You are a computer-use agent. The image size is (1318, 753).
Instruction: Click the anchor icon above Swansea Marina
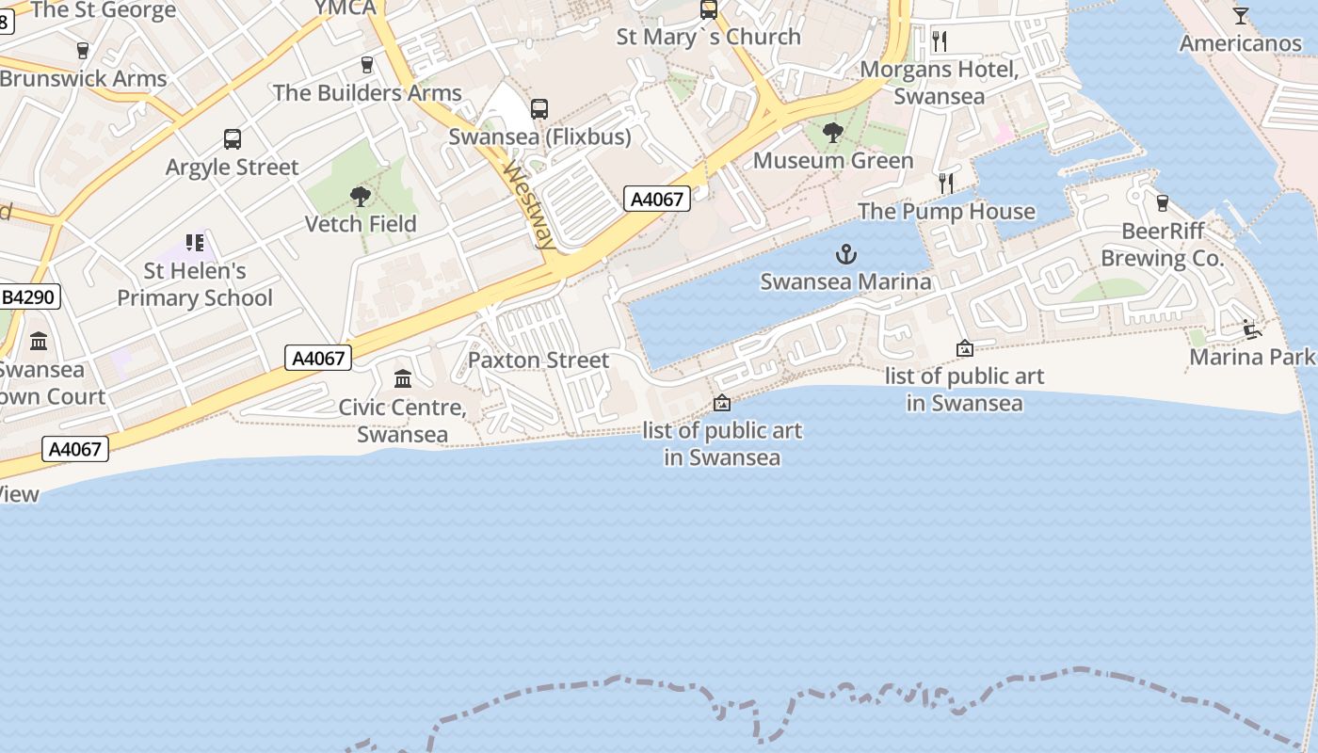click(x=846, y=253)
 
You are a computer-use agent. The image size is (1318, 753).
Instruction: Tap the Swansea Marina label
click(x=845, y=281)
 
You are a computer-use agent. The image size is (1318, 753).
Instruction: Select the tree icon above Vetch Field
click(x=360, y=196)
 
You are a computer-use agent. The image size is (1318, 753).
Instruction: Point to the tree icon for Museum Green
click(x=832, y=133)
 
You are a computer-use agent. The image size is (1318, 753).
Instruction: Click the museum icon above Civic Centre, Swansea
click(x=403, y=378)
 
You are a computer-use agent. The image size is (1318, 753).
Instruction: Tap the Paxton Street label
click(x=538, y=360)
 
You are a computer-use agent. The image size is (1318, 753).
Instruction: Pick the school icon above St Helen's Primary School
click(x=195, y=243)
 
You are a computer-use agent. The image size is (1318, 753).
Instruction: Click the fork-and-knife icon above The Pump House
click(x=946, y=183)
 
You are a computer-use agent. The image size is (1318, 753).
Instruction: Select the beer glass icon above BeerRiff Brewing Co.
click(x=1162, y=203)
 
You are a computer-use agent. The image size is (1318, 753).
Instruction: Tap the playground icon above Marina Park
click(x=1251, y=329)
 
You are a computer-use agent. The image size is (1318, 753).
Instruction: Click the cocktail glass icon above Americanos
click(x=1241, y=15)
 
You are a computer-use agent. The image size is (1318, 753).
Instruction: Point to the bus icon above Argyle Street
click(x=232, y=139)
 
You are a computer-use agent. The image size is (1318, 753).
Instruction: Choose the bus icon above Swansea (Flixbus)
click(x=538, y=108)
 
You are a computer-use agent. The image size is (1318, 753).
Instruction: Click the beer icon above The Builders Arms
click(x=366, y=65)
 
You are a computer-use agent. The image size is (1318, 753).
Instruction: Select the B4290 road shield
click(x=28, y=297)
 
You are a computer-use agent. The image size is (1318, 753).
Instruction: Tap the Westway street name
click(x=528, y=206)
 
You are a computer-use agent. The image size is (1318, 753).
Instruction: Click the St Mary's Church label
click(x=708, y=38)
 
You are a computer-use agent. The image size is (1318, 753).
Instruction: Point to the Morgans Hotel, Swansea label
click(x=939, y=83)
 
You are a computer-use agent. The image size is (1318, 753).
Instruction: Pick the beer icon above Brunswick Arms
click(x=82, y=51)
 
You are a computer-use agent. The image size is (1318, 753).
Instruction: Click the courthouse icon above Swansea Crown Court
click(x=39, y=341)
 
